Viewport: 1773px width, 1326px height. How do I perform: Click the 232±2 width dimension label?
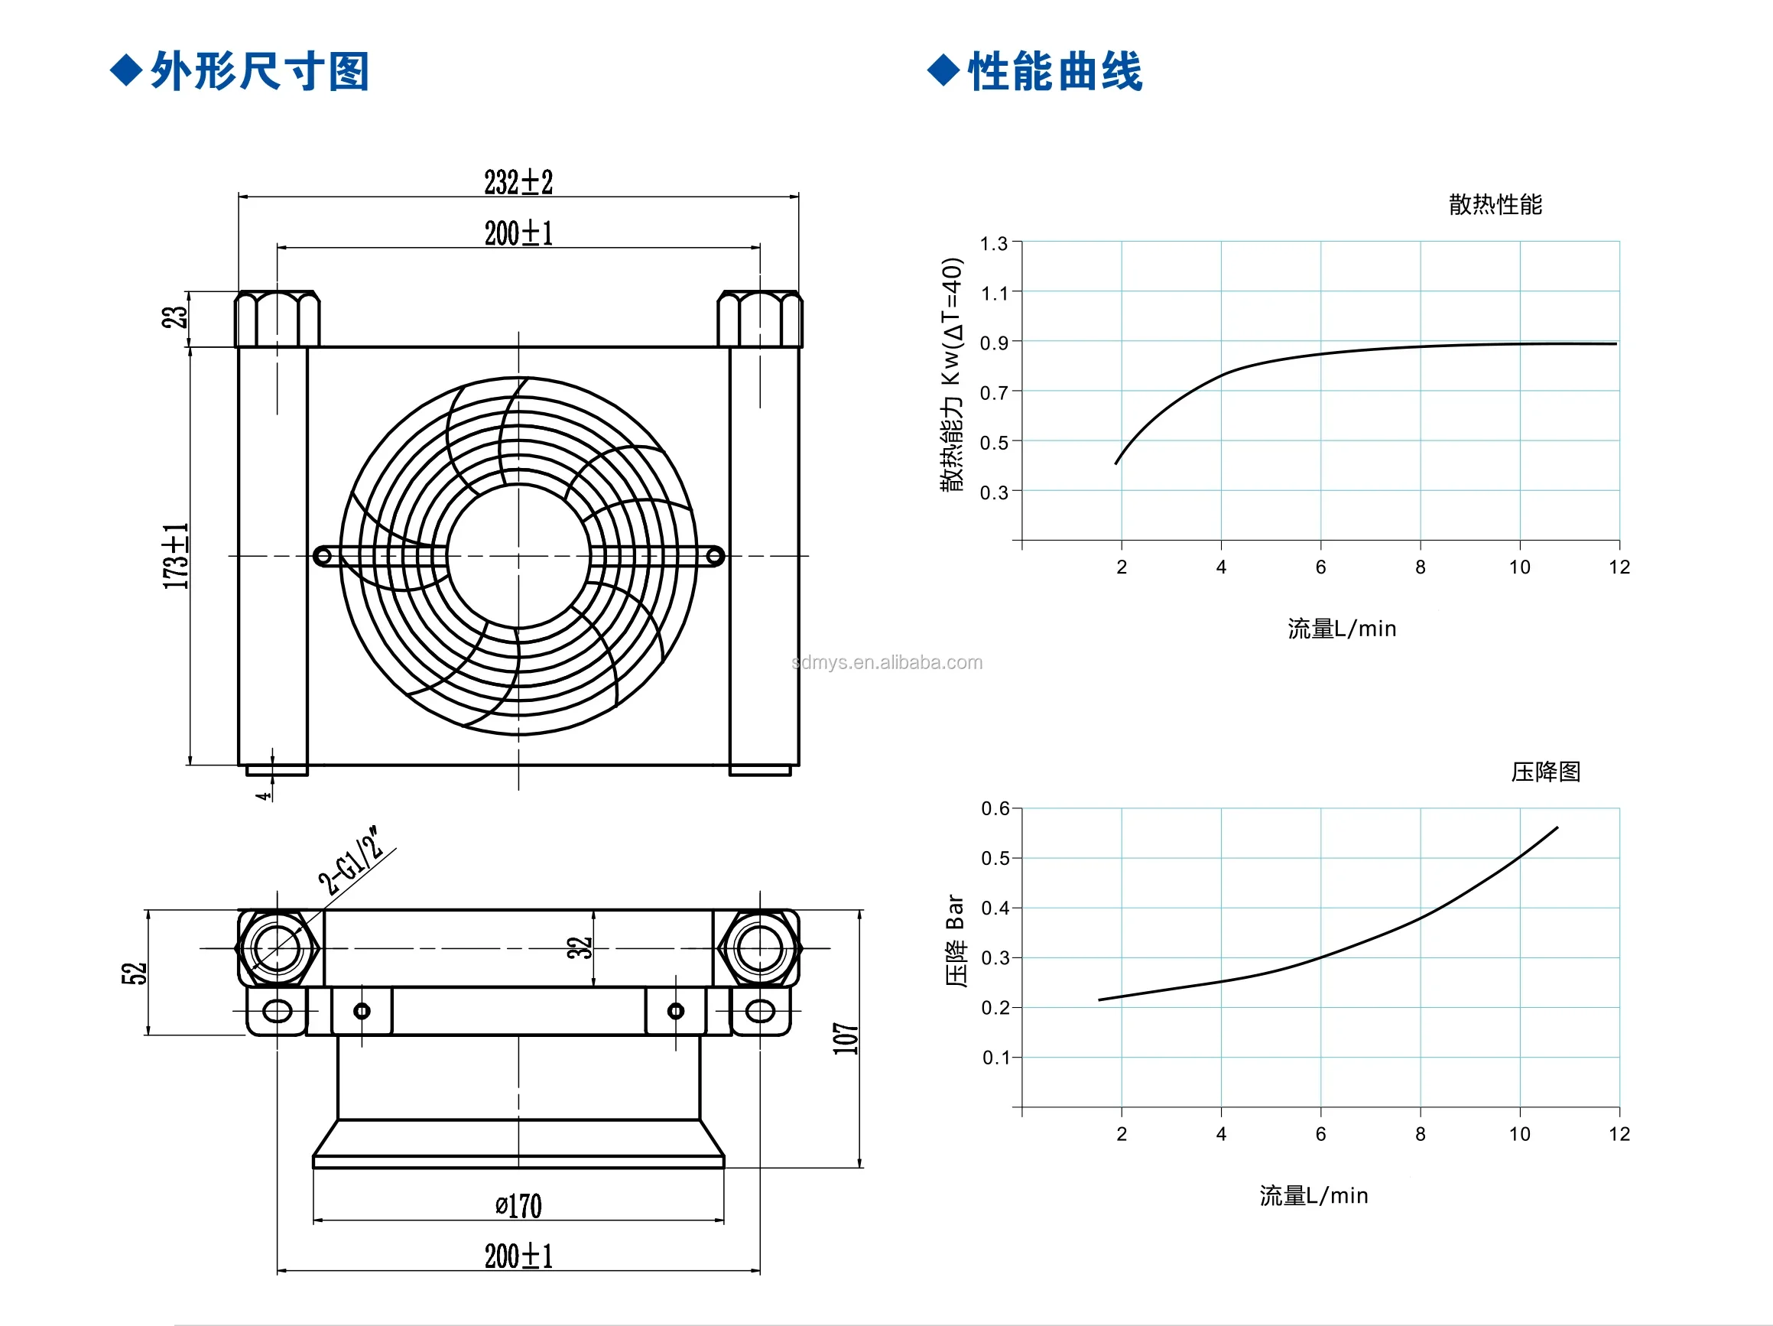518,182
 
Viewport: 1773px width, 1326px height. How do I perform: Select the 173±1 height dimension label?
176,556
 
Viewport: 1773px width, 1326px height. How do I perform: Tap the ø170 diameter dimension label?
518,1206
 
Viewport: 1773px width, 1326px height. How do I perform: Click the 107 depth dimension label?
846,1038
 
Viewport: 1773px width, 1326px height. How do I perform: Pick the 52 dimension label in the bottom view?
134,973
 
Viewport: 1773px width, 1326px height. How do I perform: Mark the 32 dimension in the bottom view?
579,947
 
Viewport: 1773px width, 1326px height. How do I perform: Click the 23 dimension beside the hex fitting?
174,317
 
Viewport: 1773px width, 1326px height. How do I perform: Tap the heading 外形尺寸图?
260,71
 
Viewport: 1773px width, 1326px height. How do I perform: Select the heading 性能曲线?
1055,71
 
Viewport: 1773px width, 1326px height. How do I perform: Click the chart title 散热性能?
1495,204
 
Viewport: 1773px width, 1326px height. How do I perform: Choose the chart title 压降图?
1545,772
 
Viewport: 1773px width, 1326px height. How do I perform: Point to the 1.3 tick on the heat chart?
994,243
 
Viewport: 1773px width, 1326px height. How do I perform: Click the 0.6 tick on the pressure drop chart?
995,808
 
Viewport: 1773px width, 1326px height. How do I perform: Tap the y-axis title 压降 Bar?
956,940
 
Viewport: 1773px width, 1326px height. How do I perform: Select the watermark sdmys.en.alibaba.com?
887,662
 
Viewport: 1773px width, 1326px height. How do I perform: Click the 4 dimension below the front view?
263,795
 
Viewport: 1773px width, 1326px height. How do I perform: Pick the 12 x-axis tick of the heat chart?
1619,567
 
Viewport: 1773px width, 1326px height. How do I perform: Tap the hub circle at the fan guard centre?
518,556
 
